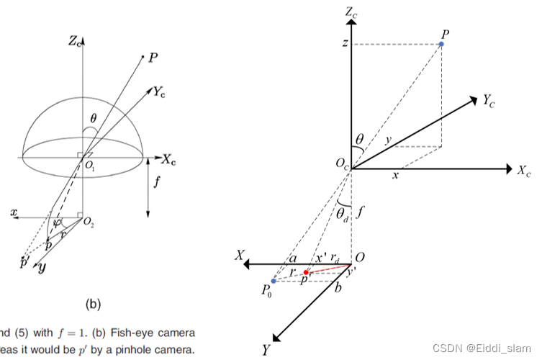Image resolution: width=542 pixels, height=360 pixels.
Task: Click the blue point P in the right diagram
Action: [441, 44]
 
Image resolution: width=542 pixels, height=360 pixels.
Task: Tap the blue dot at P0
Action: [274, 281]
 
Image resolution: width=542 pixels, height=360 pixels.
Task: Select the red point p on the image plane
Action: [306, 273]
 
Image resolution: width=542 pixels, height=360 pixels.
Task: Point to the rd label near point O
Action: [335, 257]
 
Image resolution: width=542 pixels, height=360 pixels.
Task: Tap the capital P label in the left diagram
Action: [153, 57]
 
